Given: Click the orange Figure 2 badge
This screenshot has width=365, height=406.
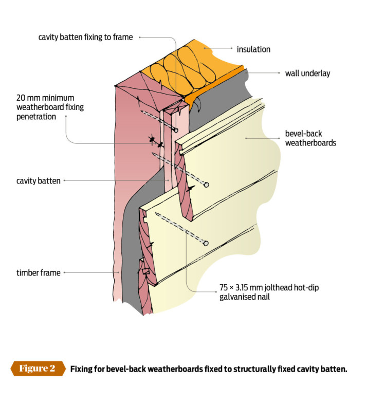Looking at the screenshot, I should [x=38, y=369].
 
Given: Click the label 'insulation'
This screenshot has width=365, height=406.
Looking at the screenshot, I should [x=253, y=49].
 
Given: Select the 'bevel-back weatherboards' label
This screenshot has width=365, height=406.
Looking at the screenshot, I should [x=311, y=138].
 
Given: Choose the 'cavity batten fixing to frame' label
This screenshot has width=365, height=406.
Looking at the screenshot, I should [x=85, y=37].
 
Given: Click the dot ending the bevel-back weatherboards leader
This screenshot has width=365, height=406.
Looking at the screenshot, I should [x=246, y=138].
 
